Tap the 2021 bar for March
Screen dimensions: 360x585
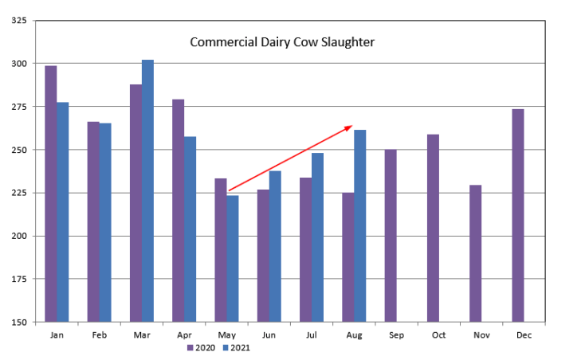pyautogui.click(x=147, y=191)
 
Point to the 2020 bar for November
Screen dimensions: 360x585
pyautogui.click(x=475, y=253)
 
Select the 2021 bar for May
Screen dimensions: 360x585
pyautogui.click(x=233, y=259)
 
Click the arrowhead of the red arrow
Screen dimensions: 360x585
pyautogui.click(x=350, y=126)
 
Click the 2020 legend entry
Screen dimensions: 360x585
pyautogui.click(x=200, y=347)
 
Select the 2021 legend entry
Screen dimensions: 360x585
pyautogui.click(x=237, y=347)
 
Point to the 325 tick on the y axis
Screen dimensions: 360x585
pyautogui.click(x=19, y=20)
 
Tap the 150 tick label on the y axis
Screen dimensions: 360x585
pyautogui.click(x=19, y=323)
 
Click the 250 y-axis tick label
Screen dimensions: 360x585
pyautogui.click(x=19, y=150)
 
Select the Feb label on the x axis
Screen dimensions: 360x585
pyautogui.click(x=99, y=335)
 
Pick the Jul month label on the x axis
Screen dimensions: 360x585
pyautogui.click(x=311, y=335)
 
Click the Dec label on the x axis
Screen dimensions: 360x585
pyautogui.click(x=524, y=335)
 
